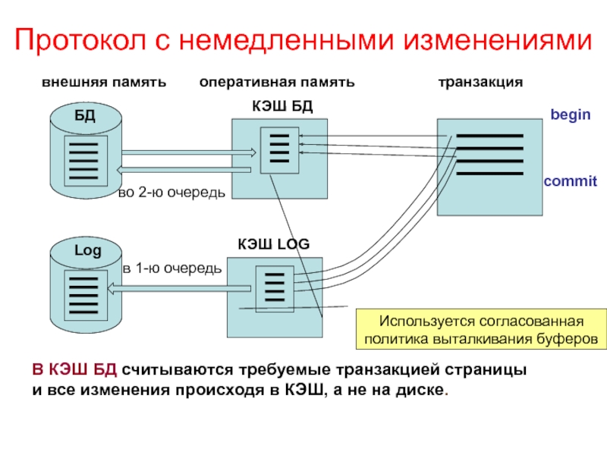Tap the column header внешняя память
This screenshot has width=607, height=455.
pos(103,81)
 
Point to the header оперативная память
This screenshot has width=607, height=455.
pos(277,81)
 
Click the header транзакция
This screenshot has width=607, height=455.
pos(480,81)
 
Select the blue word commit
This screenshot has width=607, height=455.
pos(570,182)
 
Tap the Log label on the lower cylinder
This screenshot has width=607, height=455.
pos(86,250)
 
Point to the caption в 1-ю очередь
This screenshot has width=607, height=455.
pos(172,268)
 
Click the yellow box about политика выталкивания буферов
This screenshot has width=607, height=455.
pos(483,328)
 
